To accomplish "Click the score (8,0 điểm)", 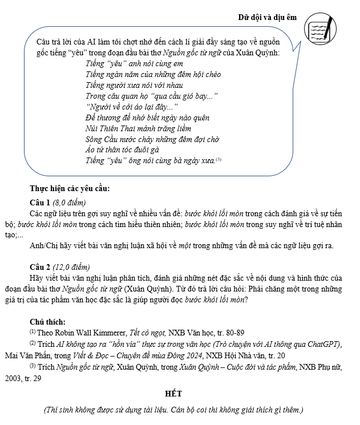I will tap(68, 203).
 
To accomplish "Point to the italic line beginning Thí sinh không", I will tap(173, 410).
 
